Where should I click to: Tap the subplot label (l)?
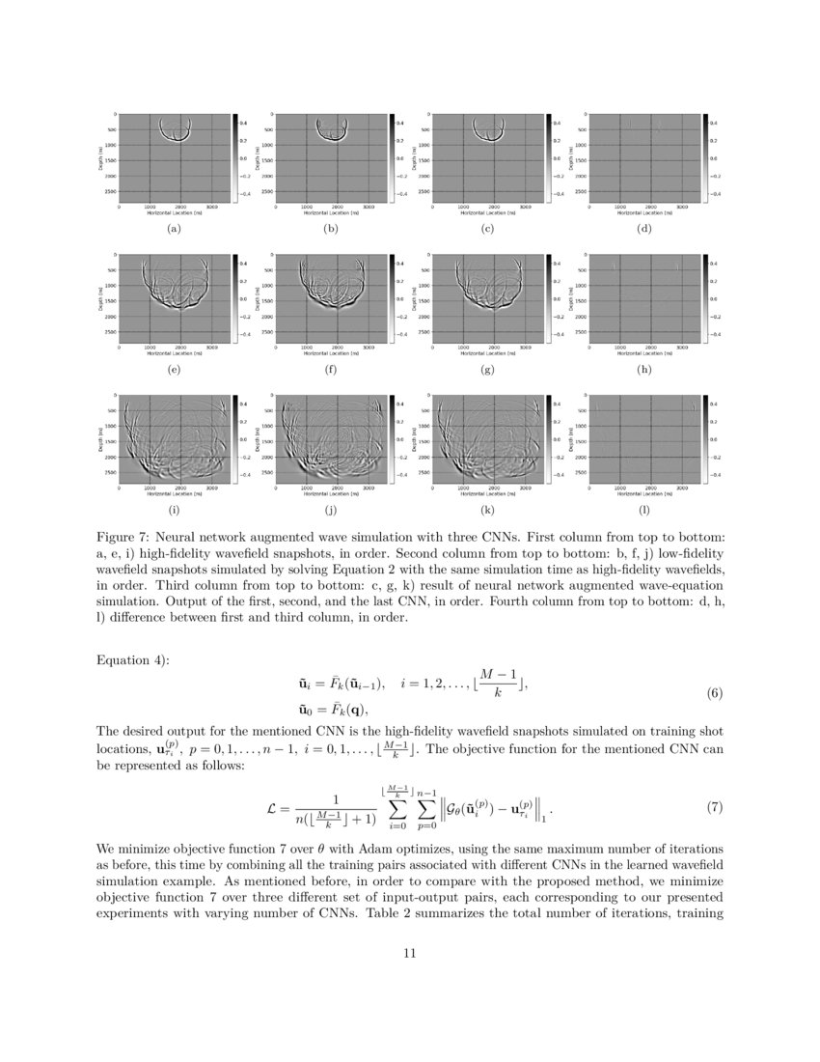pos(644,510)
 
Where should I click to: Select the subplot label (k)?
pos(487,510)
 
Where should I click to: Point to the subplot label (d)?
pos(644,230)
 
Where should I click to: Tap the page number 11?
pos(409,953)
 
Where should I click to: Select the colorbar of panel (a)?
pos(234,156)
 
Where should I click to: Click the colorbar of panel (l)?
pos(706,436)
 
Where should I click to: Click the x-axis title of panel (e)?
pos(174,352)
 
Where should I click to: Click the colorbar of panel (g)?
pos(549,296)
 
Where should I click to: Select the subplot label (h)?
pos(644,370)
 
